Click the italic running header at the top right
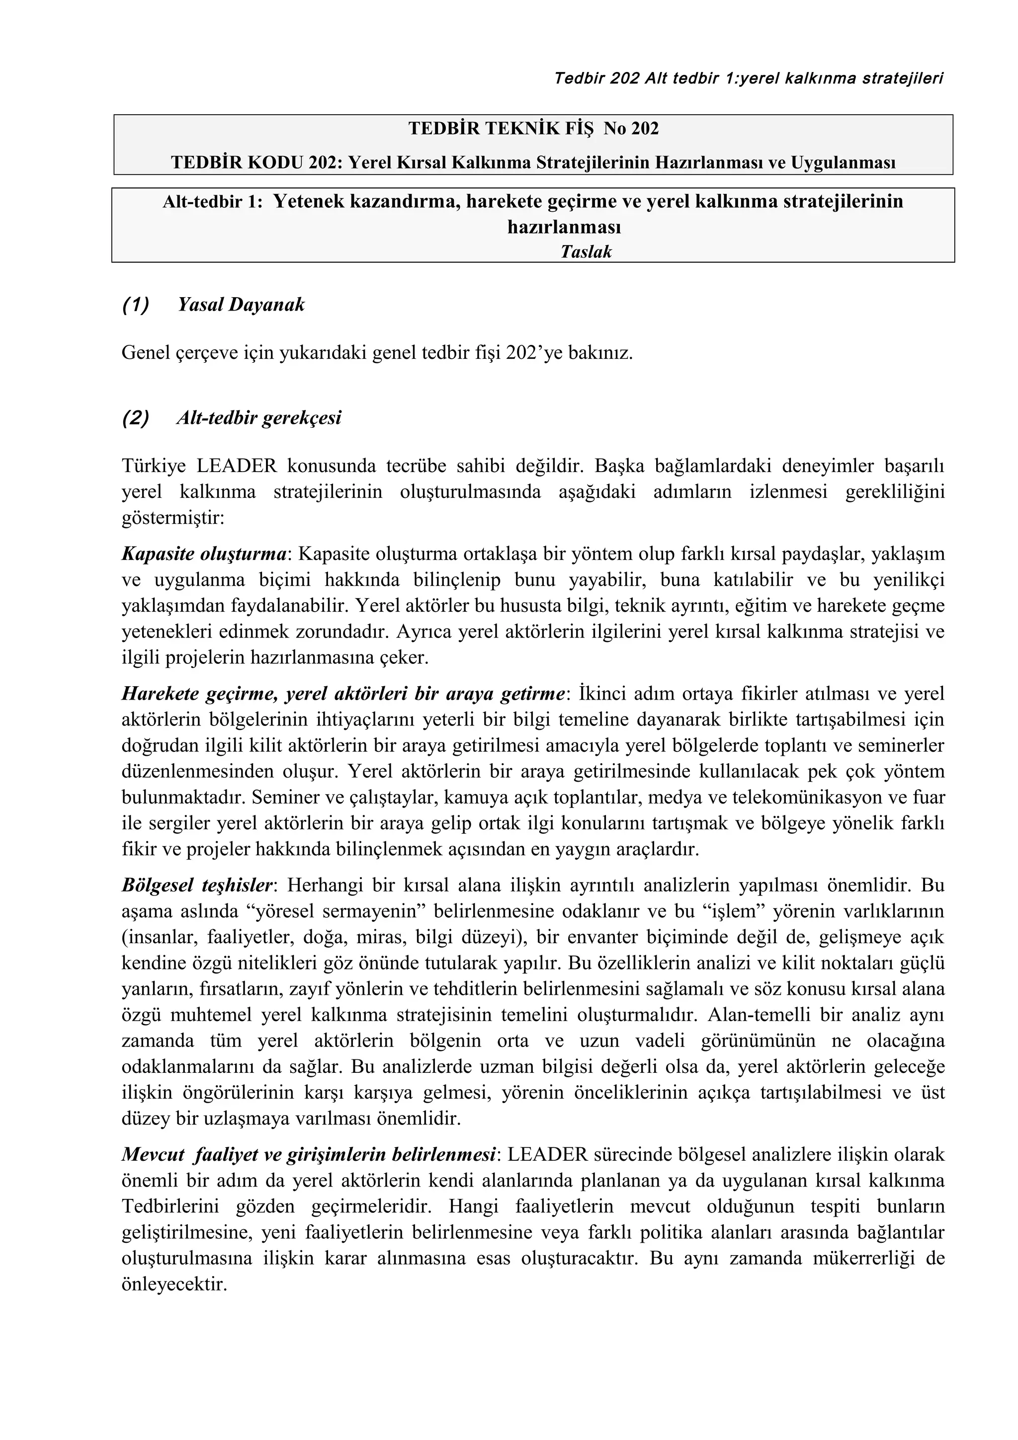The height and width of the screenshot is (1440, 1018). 748,79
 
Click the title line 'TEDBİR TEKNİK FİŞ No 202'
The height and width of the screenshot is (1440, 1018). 533,129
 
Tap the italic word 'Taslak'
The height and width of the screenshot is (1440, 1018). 586,251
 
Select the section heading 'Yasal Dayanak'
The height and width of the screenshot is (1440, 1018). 241,305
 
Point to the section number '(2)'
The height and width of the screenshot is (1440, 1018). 136,418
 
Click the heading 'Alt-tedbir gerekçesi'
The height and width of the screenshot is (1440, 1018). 258,418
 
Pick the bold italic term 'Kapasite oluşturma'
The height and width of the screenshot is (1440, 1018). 204,555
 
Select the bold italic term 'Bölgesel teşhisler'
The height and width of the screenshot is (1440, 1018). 197,885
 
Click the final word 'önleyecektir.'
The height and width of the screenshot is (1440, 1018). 174,1284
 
